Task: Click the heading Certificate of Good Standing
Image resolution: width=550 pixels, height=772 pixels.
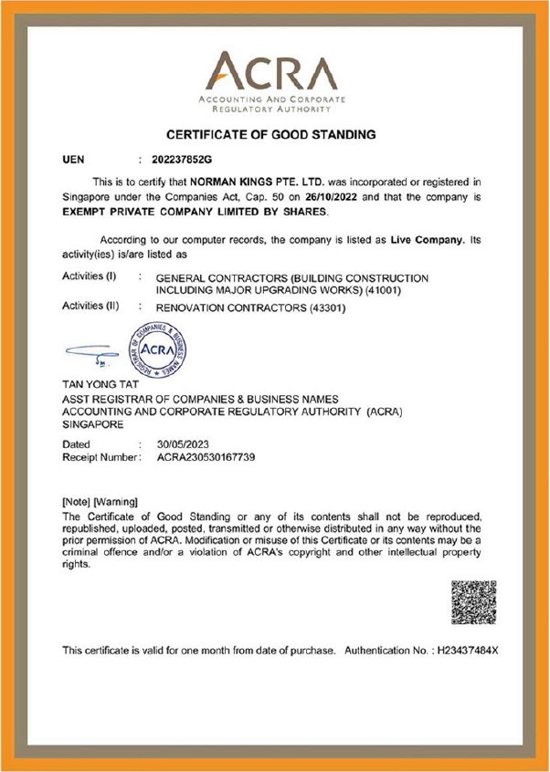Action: pos(270,135)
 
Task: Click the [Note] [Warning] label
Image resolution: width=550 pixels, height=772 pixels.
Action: pos(99,502)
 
